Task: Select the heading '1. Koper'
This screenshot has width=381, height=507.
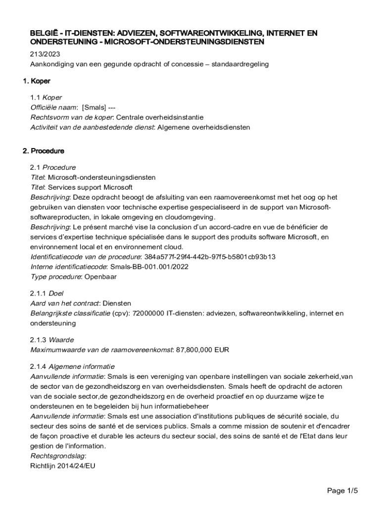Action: [x=40, y=81]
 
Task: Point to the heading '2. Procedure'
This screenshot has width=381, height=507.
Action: [x=47, y=151]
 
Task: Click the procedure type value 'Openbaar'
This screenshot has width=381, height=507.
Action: [x=100, y=277]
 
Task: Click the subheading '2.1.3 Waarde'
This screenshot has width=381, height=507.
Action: [x=52, y=340]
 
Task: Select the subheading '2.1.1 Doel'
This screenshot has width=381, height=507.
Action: [x=47, y=294]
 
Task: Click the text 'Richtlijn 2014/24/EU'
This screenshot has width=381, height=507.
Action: [x=62, y=466]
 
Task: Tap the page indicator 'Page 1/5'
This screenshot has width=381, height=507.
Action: [x=342, y=491]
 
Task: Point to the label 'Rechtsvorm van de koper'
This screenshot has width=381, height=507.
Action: [x=72, y=117]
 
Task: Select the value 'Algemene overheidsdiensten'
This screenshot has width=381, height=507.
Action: [x=203, y=127]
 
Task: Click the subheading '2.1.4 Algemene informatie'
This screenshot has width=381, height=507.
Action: [x=72, y=367]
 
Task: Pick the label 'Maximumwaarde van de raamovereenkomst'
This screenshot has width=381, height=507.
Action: [x=101, y=350]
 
